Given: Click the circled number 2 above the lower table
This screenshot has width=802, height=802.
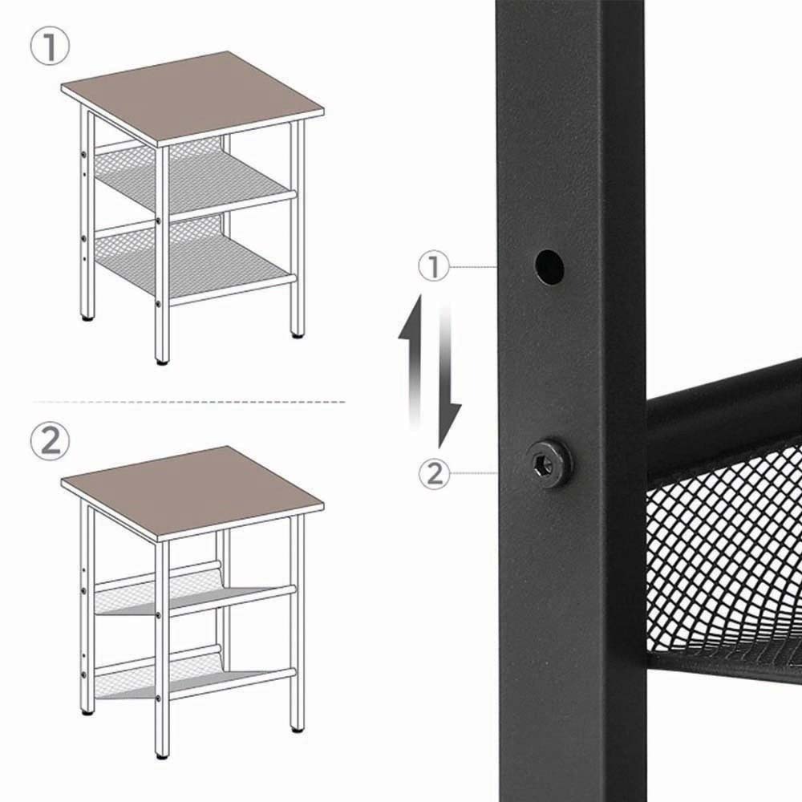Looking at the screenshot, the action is click(x=50, y=441).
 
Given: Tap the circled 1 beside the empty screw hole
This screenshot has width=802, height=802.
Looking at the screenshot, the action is click(x=434, y=266).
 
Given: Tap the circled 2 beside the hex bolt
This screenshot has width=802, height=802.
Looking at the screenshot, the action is click(x=434, y=473).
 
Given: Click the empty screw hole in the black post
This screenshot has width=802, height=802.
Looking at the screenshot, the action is click(x=549, y=266).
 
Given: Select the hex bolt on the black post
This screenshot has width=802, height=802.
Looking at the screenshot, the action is click(x=549, y=463).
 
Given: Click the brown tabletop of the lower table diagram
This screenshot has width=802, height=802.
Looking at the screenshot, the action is click(x=192, y=493).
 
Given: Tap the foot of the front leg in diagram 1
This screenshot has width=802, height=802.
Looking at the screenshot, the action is click(x=162, y=363).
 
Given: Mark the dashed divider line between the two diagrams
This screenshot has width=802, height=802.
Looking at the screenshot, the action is click(x=189, y=402).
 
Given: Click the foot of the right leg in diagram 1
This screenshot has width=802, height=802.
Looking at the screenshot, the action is click(x=297, y=335).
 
